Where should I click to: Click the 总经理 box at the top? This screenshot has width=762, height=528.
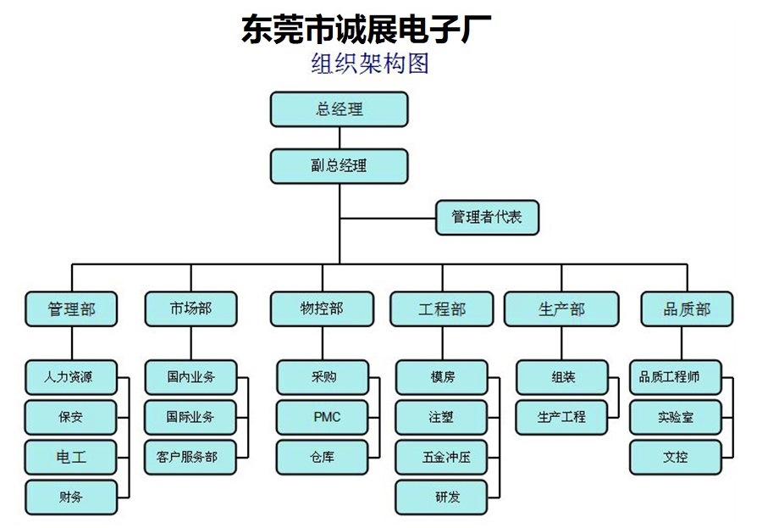click(x=340, y=109)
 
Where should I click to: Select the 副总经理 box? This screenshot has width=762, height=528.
click(x=340, y=166)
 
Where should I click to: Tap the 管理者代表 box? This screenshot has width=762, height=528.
click(x=488, y=218)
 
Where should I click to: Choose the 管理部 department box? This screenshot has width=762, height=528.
click(x=71, y=309)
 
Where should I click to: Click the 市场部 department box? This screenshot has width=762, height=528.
click(x=191, y=309)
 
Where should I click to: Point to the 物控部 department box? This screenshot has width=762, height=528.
click(x=323, y=309)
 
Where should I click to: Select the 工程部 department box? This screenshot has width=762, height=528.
click(x=442, y=309)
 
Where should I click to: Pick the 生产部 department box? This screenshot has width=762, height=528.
click(x=561, y=309)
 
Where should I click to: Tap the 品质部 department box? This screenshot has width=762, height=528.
click(x=687, y=309)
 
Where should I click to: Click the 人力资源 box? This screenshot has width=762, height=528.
click(x=71, y=377)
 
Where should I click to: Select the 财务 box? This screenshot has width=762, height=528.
click(x=71, y=497)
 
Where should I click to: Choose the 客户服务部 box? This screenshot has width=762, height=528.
click(x=190, y=458)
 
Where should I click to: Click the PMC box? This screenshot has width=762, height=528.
click(x=323, y=418)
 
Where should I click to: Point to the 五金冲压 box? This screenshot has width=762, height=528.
click(x=441, y=458)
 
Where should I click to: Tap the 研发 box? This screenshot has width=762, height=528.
click(x=441, y=497)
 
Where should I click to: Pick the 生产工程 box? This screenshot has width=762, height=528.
click(x=562, y=418)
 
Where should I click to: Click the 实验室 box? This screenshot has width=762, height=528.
click(x=676, y=418)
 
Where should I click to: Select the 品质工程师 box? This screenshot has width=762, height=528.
click(x=676, y=377)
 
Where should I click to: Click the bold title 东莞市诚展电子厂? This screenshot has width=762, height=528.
click(x=367, y=29)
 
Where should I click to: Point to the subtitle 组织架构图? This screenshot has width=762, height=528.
click(x=370, y=64)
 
